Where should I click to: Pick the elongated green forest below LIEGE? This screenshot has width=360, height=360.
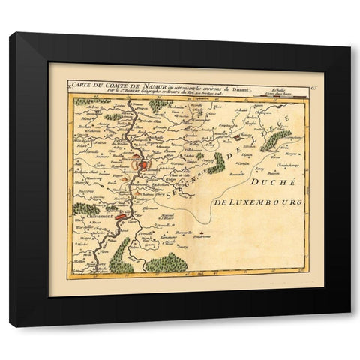click(276, 139)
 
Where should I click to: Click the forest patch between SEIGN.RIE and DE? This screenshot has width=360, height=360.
click(216, 162)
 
